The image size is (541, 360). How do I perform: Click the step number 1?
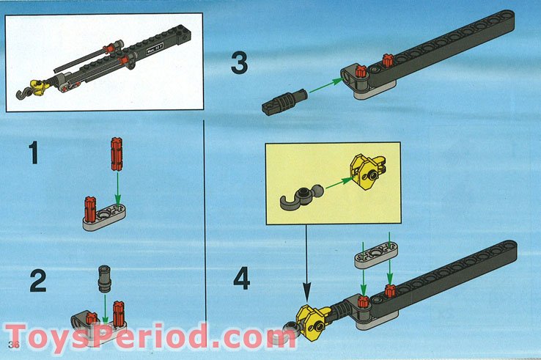click(34, 155)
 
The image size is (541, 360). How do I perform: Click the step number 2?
click(38, 282)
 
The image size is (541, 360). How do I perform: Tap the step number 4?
click(241, 279)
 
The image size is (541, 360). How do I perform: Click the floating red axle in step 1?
click(116, 153)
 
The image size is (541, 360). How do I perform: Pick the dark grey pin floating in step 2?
click(103, 279)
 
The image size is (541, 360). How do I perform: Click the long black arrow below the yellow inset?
click(307, 265)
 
